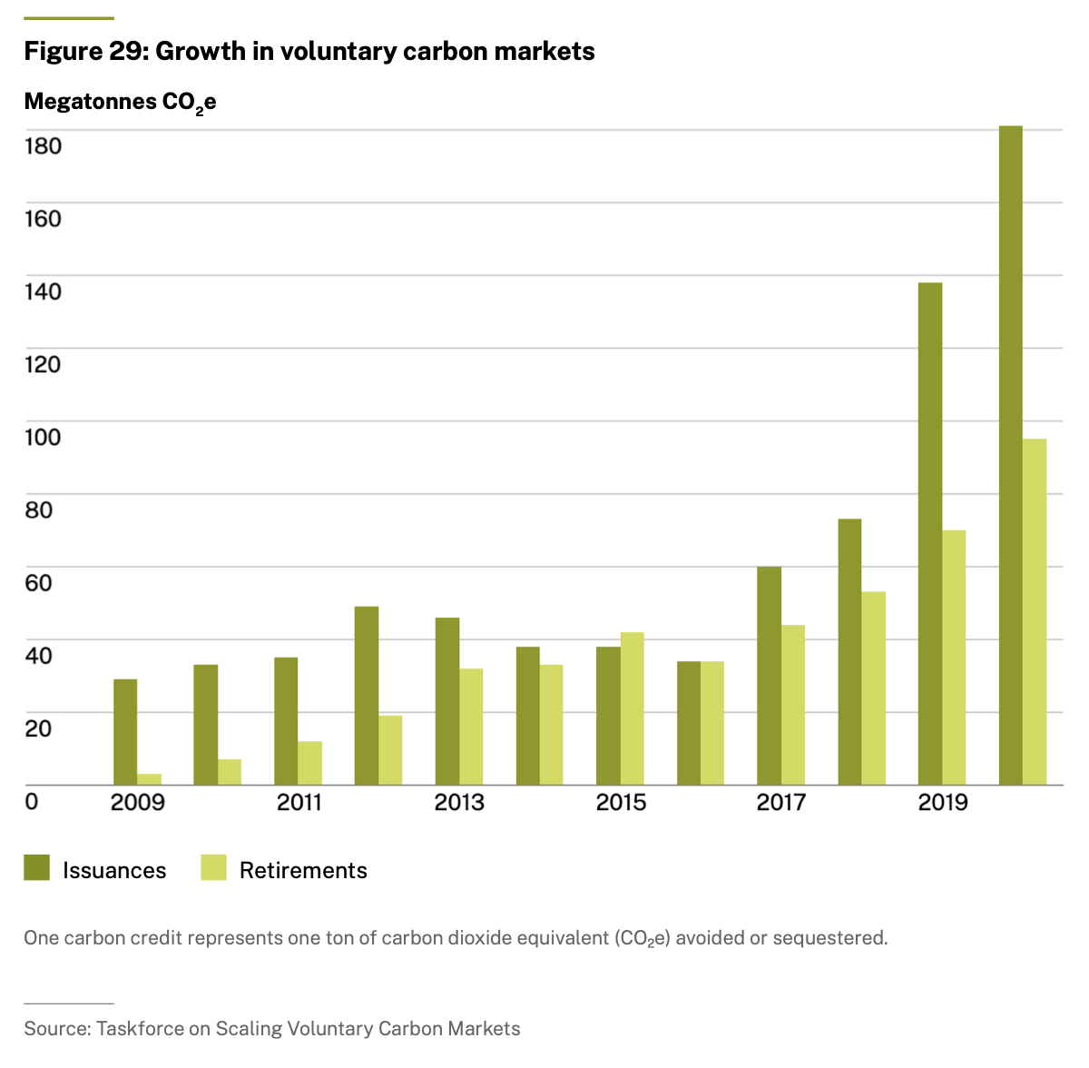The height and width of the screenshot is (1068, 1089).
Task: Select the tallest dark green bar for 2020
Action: pyautogui.click(x=1010, y=455)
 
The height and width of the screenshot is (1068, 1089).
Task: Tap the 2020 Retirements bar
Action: pyautogui.click(x=1035, y=612)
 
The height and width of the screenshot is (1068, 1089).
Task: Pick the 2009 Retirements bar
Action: pyautogui.click(x=150, y=779)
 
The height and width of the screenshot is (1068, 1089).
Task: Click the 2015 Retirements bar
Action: pyautogui.click(x=633, y=708)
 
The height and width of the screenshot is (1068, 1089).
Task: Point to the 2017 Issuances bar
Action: pyautogui.click(x=769, y=676)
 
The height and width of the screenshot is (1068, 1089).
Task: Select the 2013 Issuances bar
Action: pyautogui.click(x=446, y=701)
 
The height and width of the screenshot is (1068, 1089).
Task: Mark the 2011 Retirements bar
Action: pyautogui.click(x=310, y=763)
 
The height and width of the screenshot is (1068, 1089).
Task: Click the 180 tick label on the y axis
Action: pyautogui.click(x=43, y=146)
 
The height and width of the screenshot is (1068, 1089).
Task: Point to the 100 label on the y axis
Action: pyautogui.click(x=43, y=437)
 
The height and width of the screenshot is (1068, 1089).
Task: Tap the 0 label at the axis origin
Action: pyautogui.click(x=32, y=802)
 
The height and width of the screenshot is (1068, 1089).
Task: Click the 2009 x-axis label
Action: pyautogui.click(x=138, y=803)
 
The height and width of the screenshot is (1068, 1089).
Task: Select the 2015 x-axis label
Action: pyautogui.click(x=621, y=803)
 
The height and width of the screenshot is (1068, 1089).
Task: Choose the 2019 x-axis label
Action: pyautogui.click(x=943, y=803)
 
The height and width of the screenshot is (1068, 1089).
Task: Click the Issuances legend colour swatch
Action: pyautogui.click(x=37, y=868)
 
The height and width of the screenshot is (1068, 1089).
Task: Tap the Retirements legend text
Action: pyautogui.click(x=303, y=870)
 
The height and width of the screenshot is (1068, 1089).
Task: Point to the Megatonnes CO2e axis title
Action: pyautogui.click(x=120, y=102)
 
